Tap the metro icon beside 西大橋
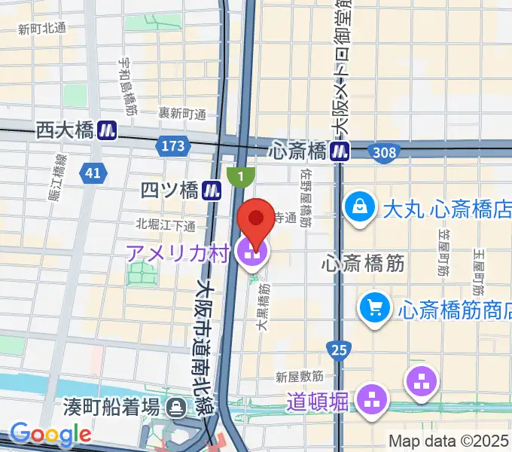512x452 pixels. (107, 130)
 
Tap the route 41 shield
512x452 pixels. (93, 173)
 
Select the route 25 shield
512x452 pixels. (338, 349)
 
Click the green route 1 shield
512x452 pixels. (240, 175)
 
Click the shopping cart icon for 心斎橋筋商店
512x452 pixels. (374, 307)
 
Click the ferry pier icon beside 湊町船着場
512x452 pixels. (178, 408)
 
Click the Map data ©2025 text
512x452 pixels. (448, 441)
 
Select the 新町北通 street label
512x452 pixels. (43, 29)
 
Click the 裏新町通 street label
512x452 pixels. (182, 114)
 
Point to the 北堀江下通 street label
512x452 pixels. (166, 224)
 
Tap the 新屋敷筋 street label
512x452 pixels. (300, 375)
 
